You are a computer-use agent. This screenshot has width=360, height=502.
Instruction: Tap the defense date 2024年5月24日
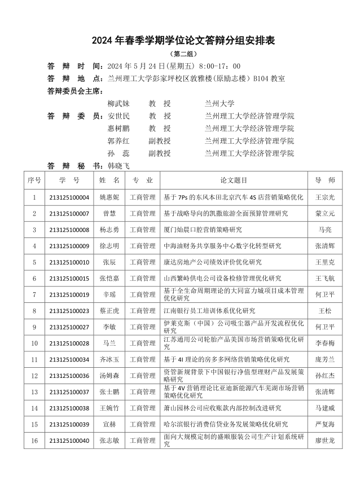click(142, 66)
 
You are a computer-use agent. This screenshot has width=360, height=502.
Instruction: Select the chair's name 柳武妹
click(118, 104)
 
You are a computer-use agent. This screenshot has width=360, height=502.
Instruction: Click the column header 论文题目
click(234, 180)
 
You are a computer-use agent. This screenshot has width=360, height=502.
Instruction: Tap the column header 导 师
click(324, 180)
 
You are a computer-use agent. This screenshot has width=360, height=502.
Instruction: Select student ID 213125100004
click(69, 197)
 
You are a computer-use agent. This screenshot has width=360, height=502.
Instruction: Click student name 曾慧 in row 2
click(109, 214)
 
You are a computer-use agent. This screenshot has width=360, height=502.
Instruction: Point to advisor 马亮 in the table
click(324, 230)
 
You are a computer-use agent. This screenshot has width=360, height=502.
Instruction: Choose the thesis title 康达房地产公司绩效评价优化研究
click(213, 262)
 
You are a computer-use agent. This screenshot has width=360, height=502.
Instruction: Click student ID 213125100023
click(69, 311)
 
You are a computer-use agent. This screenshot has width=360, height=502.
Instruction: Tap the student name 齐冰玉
click(109, 359)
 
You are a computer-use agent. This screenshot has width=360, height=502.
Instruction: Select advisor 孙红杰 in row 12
click(324, 376)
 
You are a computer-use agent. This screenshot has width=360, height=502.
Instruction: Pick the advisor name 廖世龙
click(324, 441)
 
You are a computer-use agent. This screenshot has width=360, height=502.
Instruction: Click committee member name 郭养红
click(118, 140)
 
